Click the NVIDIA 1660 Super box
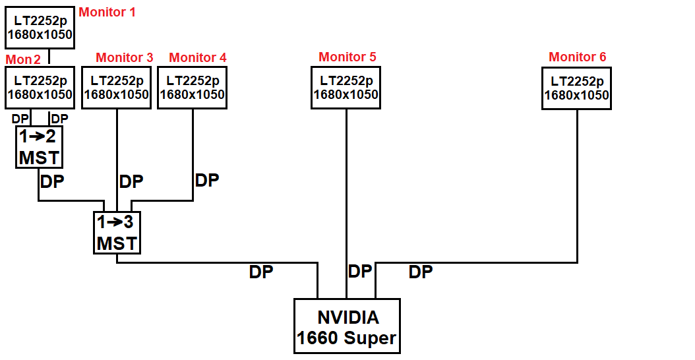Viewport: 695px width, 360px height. (347, 327)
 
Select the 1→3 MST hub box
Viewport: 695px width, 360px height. (117, 233)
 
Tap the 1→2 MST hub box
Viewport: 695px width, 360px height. (39, 147)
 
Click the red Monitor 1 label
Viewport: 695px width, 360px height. (107, 12)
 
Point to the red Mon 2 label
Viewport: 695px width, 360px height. (23, 59)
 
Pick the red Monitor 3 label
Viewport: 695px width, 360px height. (124, 57)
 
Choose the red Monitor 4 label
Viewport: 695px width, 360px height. (197, 57)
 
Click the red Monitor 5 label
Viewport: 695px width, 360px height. (347, 57)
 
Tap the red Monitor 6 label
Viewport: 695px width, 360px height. (577, 57)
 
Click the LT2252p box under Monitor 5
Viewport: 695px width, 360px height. (346, 88)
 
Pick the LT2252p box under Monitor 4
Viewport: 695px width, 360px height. (193, 88)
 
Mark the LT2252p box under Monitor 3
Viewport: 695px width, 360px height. (117, 88)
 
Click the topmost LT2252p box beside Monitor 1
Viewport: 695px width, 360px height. (40, 28)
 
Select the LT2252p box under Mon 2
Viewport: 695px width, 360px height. (40, 88)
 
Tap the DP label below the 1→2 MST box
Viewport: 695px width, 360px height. (52, 181)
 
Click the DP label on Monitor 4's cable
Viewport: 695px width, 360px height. (206, 180)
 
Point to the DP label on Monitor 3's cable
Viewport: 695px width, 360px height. (131, 181)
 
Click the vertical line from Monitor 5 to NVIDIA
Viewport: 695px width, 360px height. (346, 198)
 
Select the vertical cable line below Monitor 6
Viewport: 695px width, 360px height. (577, 185)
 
